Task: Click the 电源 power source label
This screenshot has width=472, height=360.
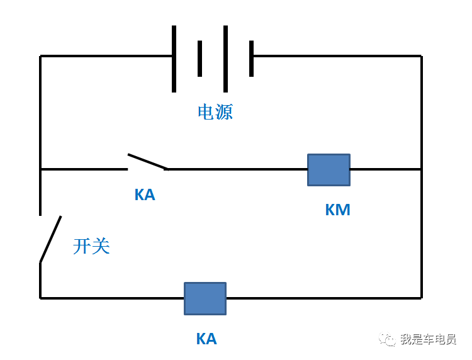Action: (215, 113)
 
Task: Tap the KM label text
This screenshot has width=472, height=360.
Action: (337, 210)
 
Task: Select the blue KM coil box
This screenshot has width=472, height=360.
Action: (329, 170)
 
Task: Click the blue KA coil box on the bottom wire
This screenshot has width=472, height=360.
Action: (205, 298)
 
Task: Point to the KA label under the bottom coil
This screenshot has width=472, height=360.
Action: (206, 339)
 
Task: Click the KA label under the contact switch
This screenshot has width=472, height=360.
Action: (145, 195)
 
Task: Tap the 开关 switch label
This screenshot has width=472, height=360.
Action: (91, 246)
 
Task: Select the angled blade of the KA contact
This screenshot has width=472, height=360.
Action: (148, 162)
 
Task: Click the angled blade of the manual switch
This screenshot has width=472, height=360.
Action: (51, 239)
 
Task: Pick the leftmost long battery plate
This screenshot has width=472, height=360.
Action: (174, 59)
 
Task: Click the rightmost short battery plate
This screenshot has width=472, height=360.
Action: (251, 59)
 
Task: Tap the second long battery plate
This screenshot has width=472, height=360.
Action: (225, 59)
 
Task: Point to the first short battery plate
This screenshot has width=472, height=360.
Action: (199, 59)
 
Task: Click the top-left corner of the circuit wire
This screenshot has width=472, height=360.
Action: (41, 56)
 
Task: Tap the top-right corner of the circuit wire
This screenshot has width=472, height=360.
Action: (421, 56)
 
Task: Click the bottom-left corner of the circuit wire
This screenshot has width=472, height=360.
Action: (41, 298)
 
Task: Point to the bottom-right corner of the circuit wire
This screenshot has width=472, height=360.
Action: (421, 298)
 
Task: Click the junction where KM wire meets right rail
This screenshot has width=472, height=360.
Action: (421, 169)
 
